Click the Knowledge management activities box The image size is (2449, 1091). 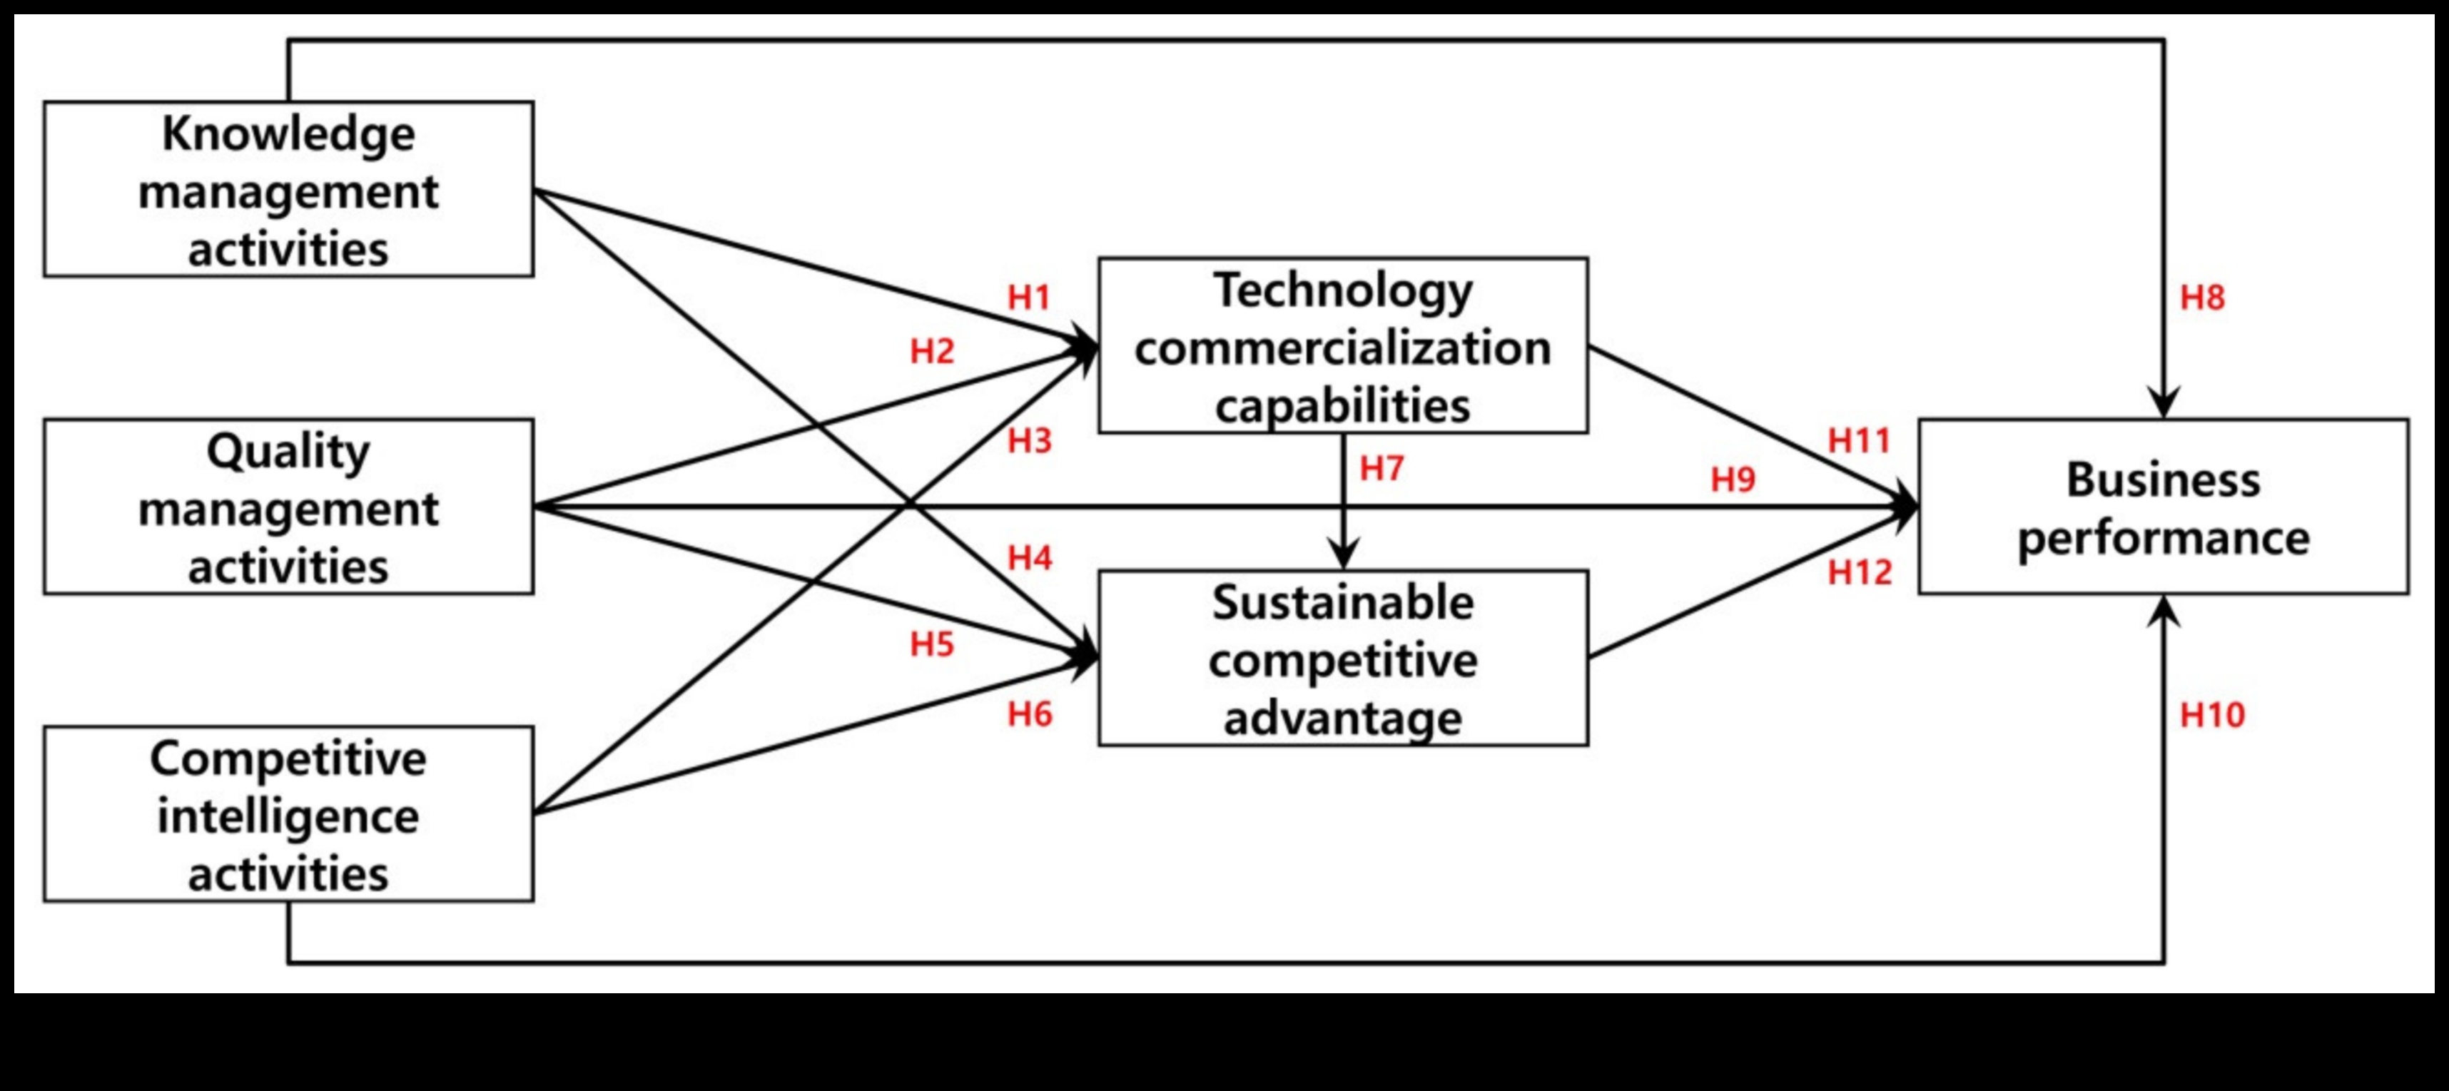[288, 189]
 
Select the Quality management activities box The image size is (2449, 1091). [288, 507]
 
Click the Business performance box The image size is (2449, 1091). [2163, 507]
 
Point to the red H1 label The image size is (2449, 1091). [1029, 298]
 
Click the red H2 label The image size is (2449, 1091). [932, 352]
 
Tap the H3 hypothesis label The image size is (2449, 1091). [1030, 441]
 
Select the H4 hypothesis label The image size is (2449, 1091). [1030, 558]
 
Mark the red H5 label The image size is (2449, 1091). [932, 644]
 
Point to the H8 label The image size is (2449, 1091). [2202, 298]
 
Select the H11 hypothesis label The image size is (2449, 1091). [1860, 441]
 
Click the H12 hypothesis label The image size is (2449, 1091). [1860, 572]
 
